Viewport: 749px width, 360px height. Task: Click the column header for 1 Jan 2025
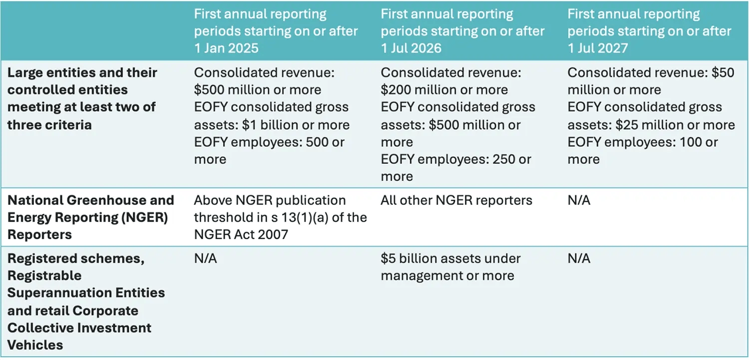[x=276, y=31]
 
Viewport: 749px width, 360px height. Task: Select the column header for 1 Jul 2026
[x=462, y=31]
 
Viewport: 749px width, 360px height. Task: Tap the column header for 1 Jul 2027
[x=649, y=31]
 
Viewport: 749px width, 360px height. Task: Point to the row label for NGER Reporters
[x=90, y=217]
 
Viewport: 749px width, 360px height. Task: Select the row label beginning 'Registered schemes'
[x=86, y=302]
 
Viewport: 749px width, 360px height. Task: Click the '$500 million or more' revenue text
[x=258, y=90]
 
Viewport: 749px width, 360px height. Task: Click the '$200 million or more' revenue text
[x=444, y=90]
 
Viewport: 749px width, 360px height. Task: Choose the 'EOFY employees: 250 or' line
[x=456, y=160]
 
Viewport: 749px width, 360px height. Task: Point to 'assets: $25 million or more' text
[x=651, y=125]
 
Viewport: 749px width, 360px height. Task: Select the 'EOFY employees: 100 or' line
[x=643, y=142]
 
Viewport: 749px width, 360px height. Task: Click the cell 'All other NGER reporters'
[x=456, y=201]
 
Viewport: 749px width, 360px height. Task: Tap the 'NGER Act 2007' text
[x=241, y=234]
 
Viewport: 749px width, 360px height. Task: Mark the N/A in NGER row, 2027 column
[x=579, y=201]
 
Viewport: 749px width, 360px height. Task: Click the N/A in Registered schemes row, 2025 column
[x=205, y=259]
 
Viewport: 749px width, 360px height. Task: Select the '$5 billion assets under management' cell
[x=450, y=267]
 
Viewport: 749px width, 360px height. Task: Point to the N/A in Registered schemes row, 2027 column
[x=579, y=259]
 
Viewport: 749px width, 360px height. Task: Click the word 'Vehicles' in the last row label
[x=35, y=345]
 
